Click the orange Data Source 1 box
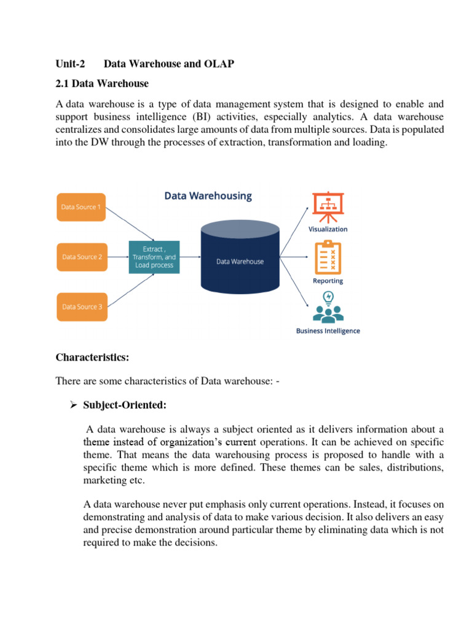[82, 207]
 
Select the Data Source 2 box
[82, 257]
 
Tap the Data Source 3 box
[82, 307]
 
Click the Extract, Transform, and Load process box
[154, 257]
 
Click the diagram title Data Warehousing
[208, 196]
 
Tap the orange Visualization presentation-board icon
[328, 208]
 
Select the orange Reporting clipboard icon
[328, 258]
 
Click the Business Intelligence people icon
[328, 307]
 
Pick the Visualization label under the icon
[328, 229]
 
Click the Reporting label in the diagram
[328, 281]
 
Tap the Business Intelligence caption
[328, 331]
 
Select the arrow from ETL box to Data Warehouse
[190, 257]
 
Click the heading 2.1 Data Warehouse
[102, 83]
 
